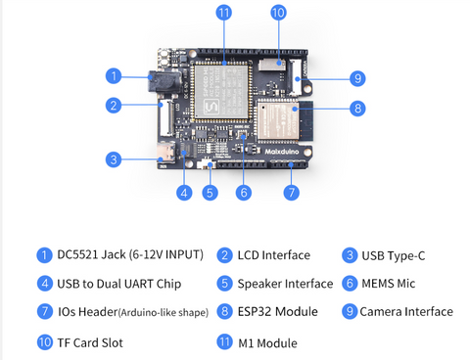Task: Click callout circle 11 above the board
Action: [224, 13]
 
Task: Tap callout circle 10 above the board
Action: [278, 13]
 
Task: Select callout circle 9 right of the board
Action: [357, 78]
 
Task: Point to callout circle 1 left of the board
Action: [114, 76]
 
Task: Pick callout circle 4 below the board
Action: [184, 193]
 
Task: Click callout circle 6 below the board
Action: [244, 193]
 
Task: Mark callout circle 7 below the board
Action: [292, 193]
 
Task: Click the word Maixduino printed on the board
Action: [281, 152]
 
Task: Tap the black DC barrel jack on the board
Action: [164, 81]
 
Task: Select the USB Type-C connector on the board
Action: [166, 153]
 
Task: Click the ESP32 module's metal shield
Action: [278, 119]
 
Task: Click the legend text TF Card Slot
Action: [90, 342]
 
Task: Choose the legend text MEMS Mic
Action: [389, 284]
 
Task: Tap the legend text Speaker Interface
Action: [285, 284]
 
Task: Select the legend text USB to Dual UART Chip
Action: [119, 284]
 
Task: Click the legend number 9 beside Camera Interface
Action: [350, 311]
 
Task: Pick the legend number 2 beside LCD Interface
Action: [224, 255]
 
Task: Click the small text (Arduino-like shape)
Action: [164, 312]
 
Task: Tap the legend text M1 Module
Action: [267, 343]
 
